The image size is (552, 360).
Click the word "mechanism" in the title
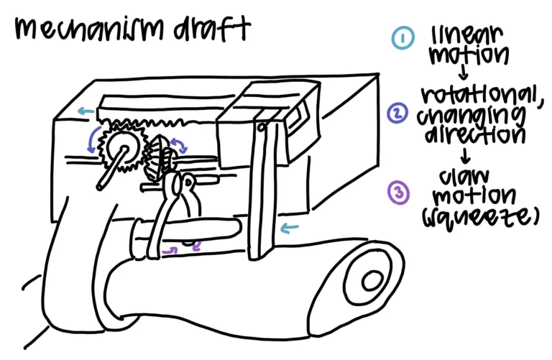pos(90,28)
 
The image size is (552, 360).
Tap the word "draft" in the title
pos(211,28)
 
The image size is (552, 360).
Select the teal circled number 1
pos(402,37)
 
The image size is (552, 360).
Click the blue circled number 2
pos(397,114)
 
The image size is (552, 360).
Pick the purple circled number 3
pos(398,192)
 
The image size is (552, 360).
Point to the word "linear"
pos(466,35)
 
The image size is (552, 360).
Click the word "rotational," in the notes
pos(482,94)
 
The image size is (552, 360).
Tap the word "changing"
pos(471,116)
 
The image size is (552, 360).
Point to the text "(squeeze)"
pos(481,217)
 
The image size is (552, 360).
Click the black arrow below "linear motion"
pos(464,72)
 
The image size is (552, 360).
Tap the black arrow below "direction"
pos(466,155)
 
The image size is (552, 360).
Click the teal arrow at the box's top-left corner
pos(86,111)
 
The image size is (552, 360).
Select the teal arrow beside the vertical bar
pos(290,229)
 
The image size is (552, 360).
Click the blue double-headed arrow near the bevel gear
pos(180,145)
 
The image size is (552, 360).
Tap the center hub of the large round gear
pos(123,148)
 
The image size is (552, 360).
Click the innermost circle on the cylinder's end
pos(372,280)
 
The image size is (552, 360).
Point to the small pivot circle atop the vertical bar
pos(261,127)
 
